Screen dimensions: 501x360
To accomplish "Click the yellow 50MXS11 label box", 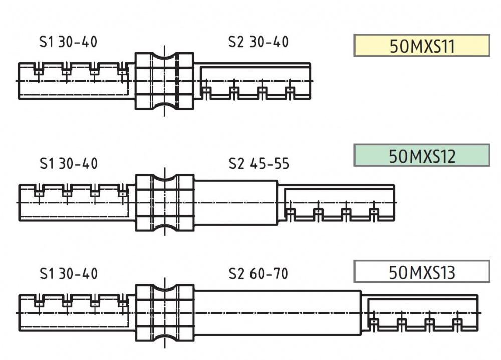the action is pos(422,46).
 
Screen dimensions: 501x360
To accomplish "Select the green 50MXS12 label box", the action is pos(422,155).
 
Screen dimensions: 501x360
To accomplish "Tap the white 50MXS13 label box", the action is pos(422,271).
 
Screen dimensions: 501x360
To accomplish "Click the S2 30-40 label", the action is pos(258,42).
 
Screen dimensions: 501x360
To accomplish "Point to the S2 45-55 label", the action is pos(259,164).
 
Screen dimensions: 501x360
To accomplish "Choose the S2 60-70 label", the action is pos(258,274).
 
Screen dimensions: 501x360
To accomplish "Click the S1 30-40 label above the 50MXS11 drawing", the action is pos(68,42).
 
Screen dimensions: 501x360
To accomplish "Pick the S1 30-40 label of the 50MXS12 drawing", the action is pos(68,164).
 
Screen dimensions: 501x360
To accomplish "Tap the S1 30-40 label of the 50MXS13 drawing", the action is pos(68,274).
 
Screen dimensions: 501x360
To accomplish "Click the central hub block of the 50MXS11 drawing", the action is pos(164,81).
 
